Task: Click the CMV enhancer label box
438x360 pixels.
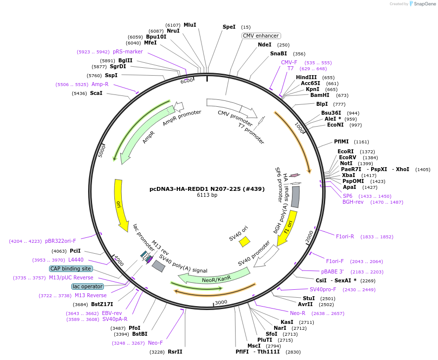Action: point(261,36)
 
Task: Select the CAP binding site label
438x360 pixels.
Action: point(70,269)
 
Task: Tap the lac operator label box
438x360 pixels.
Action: point(88,286)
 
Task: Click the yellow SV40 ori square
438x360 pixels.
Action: point(244,241)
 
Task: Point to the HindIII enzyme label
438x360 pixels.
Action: point(306,78)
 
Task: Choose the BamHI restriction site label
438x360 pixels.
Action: point(320,95)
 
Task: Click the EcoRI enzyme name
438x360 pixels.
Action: point(346,151)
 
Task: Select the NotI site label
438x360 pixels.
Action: point(346,163)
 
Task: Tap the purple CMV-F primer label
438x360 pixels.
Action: point(289,63)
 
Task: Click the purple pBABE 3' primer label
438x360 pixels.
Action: point(332,271)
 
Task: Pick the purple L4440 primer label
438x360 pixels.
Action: point(76,260)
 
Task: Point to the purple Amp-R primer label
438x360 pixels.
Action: point(100,85)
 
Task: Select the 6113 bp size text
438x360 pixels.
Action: point(207,195)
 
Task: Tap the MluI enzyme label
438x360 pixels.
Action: point(190,25)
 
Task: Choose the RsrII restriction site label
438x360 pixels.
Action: point(175,352)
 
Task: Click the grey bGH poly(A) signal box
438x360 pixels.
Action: point(295,197)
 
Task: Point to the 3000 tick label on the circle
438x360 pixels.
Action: point(221,302)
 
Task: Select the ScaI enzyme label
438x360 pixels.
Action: point(96,93)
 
